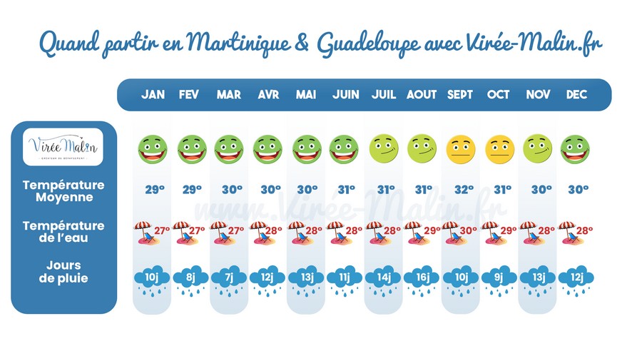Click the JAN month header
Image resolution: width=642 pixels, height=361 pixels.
tap(152, 95)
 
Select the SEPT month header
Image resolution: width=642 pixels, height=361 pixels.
tap(460, 95)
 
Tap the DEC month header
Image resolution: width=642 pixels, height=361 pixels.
tap(576, 95)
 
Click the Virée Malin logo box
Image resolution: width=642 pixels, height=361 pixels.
tap(63, 148)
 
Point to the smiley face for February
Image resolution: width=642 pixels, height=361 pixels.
tap(190, 148)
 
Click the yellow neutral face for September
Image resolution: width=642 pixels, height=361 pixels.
tap(460, 148)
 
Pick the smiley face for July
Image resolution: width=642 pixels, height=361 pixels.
tap(384, 148)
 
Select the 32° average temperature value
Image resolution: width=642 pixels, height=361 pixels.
tap(460, 189)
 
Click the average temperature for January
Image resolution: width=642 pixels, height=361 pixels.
tap(152, 189)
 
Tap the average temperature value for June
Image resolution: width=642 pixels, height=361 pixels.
tap(345, 189)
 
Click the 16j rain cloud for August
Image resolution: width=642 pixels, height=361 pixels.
tap(422, 279)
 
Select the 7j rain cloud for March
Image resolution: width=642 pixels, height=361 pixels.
tap(229, 279)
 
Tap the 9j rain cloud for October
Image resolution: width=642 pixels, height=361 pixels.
tap(499, 279)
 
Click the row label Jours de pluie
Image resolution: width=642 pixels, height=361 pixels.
tap(63, 272)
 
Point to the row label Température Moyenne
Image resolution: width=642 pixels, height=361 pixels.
tap(63, 190)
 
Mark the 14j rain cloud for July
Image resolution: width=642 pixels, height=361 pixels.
tap(384, 279)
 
